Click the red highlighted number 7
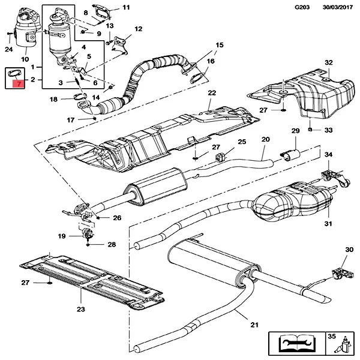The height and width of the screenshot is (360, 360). point(19,84)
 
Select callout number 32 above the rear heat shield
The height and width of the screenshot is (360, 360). point(328,62)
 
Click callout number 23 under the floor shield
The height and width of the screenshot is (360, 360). point(80,310)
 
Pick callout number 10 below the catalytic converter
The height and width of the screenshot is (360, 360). point(25,59)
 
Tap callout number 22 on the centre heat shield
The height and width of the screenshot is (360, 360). point(211,92)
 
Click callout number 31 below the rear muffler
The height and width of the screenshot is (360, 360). point(328,224)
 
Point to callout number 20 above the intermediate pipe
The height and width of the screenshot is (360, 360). point(266,140)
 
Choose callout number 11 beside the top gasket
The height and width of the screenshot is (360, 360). point(125,8)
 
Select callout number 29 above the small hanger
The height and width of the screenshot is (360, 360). point(295,131)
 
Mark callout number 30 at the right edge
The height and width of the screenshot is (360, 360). point(349,250)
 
